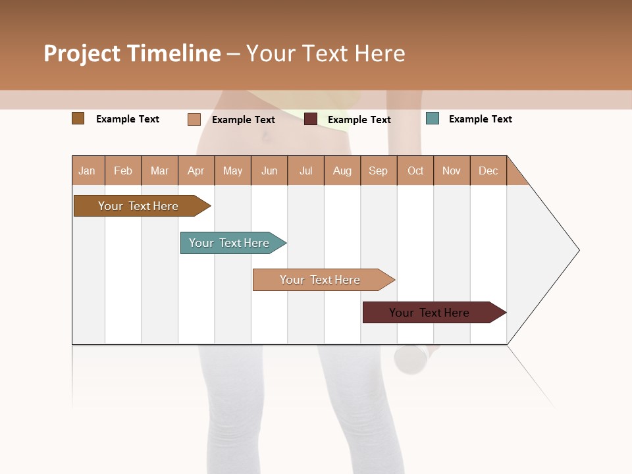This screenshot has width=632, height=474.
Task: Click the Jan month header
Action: [x=87, y=171]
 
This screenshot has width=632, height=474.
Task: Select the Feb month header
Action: [x=123, y=171]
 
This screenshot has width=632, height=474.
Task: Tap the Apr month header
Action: [x=196, y=171]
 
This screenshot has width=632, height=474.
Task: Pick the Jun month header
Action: [x=269, y=171]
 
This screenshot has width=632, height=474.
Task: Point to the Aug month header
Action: [x=342, y=171]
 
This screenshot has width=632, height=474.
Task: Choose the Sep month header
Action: [x=378, y=171]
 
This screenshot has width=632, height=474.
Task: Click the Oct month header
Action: [x=415, y=171]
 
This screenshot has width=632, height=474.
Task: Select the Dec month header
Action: [x=488, y=171]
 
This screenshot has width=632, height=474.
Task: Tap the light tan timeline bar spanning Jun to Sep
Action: [x=321, y=280]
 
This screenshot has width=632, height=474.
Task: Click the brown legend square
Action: [x=78, y=118]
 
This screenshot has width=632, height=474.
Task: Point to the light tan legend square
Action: [x=194, y=119]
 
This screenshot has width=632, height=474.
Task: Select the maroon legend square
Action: [x=311, y=119]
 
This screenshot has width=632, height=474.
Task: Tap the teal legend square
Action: [x=433, y=118]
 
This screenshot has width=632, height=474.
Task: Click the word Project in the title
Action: [x=82, y=53]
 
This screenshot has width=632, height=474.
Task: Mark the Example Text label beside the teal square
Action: [x=480, y=119]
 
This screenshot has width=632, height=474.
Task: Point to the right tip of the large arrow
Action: [x=578, y=250]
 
